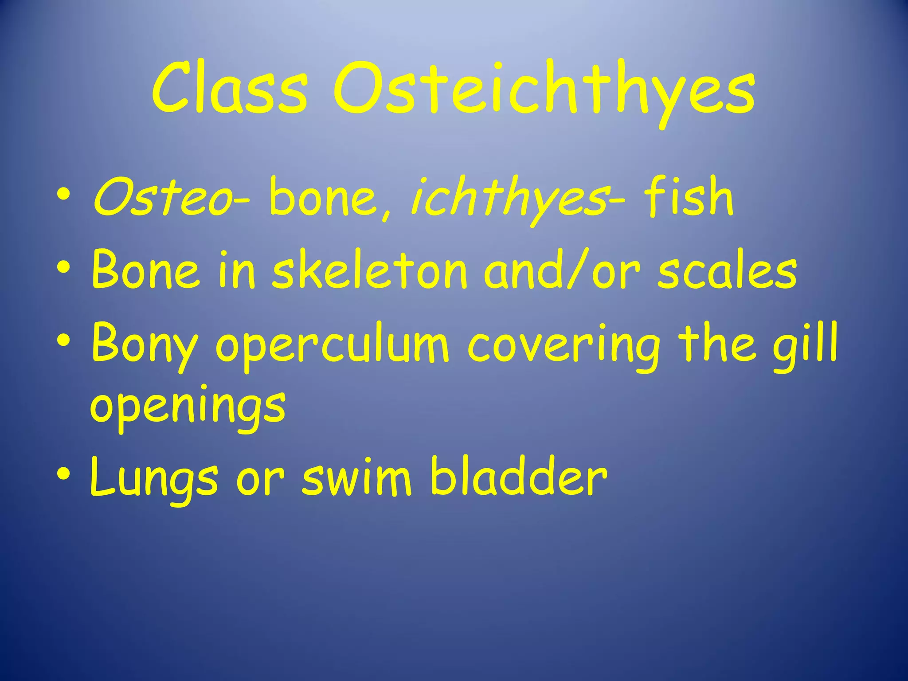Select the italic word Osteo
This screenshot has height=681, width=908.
click(161, 197)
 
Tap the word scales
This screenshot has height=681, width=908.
click(727, 270)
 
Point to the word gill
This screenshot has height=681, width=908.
click(805, 344)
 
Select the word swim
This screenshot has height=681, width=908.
click(357, 477)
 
